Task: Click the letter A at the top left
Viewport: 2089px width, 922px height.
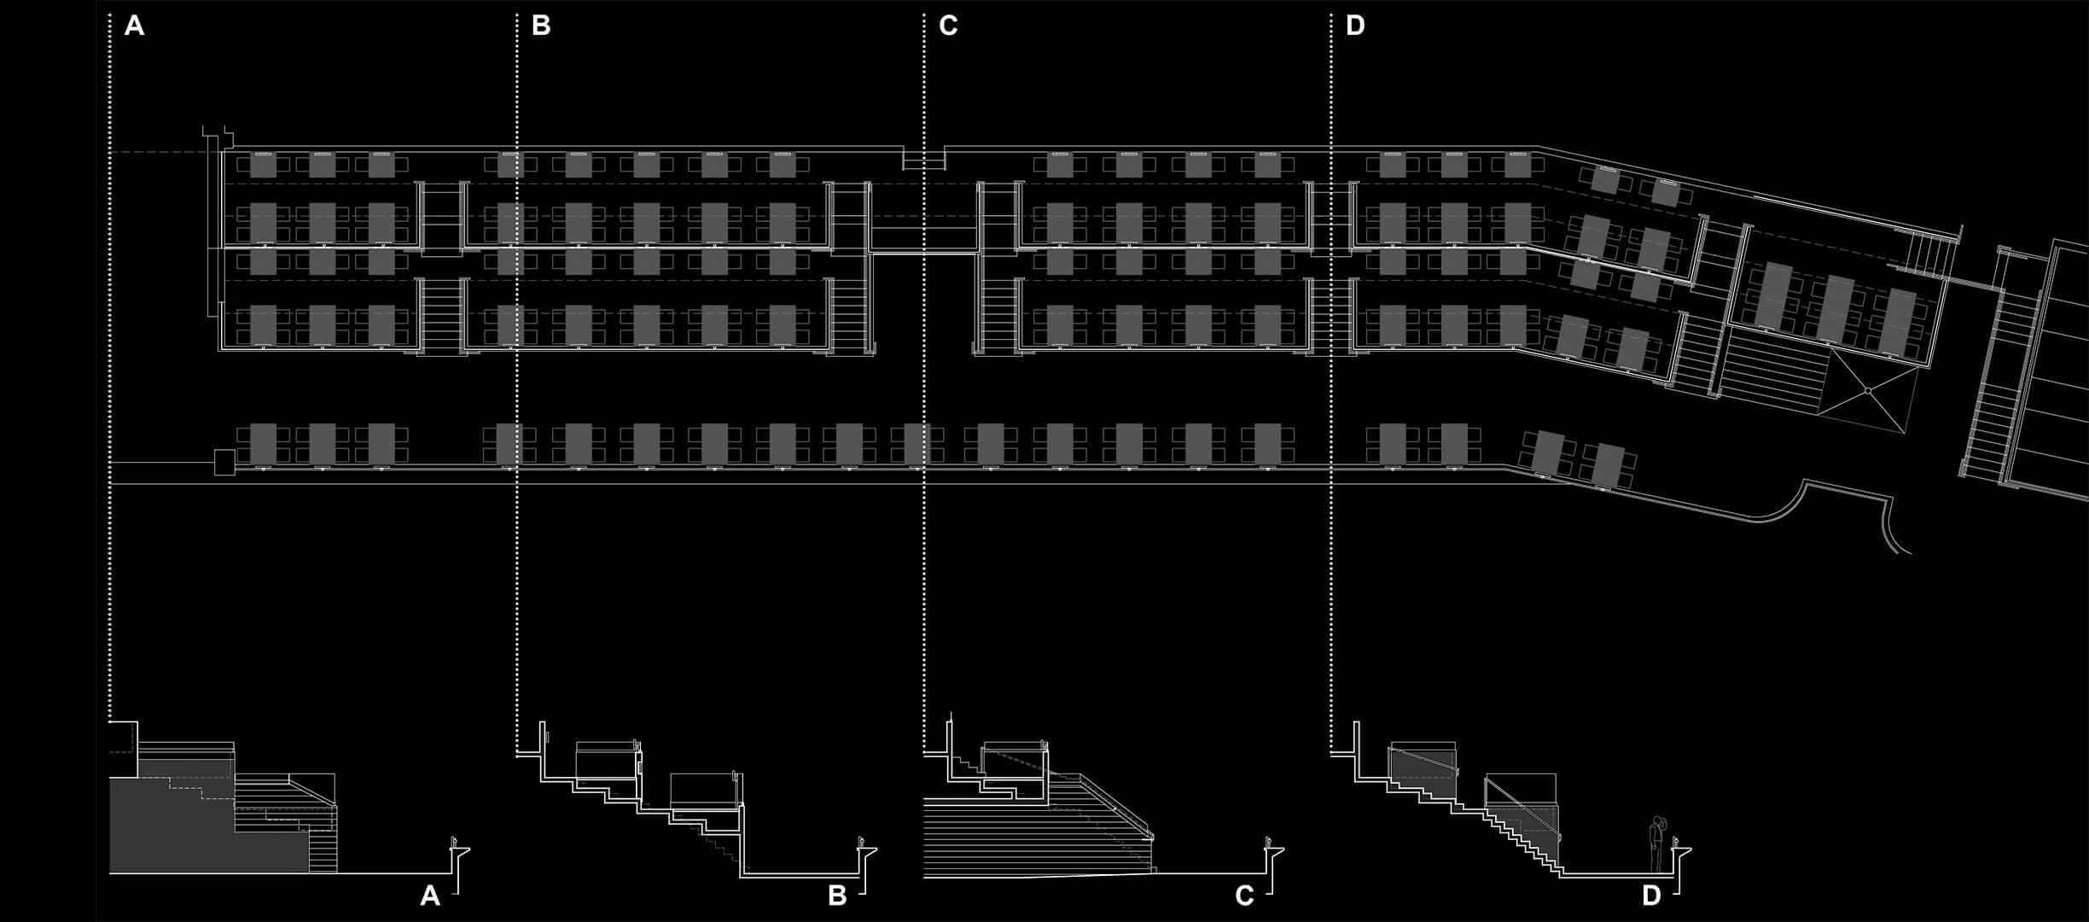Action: click(x=134, y=26)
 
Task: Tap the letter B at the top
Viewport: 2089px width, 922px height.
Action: click(x=541, y=26)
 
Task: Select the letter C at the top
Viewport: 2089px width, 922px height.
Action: click(x=948, y=26)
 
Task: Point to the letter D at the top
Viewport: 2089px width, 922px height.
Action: click(x=1355, y=26)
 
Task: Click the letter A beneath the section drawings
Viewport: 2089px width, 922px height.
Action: click(x=430, y=896)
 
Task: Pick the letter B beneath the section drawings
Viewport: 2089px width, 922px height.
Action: click(x=837, y=896)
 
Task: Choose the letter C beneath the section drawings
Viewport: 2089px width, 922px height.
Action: click(x=1244, y=896)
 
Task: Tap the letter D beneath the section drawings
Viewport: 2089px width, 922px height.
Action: click(x=1651, y=896)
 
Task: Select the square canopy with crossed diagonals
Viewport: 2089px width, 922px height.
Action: click(x=1867, y=391)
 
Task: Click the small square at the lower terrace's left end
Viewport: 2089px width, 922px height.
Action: click(x=224, y=463)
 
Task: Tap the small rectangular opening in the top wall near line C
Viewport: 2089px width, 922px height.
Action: click(x=923, y=160)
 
